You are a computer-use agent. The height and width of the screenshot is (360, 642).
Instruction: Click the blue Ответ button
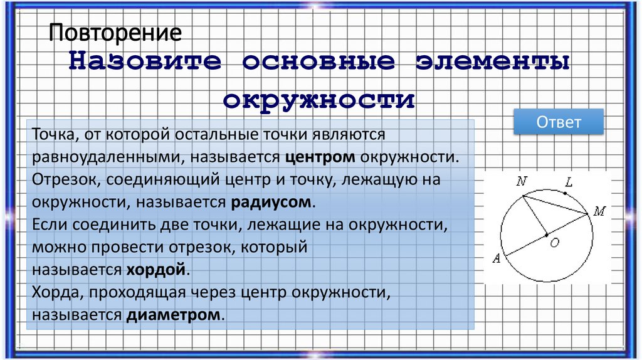coord(558,122)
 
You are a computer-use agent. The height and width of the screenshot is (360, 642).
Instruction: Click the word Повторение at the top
coord(116,33)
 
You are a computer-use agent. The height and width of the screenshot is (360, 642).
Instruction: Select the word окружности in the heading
coord(319,100)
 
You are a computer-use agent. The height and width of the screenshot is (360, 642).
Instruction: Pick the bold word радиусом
coord(271,202)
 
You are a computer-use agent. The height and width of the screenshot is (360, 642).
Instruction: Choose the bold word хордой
coord(156,270)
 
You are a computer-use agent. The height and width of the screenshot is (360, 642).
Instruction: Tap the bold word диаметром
coord(174,314)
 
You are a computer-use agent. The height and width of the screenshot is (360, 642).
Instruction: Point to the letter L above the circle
coord(569,183)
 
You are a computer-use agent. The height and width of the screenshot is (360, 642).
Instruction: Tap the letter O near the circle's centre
coord(554,243)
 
